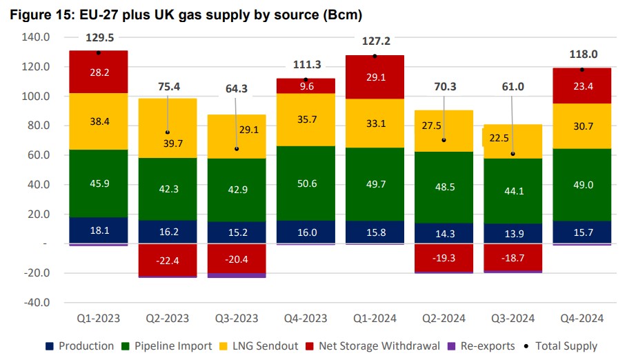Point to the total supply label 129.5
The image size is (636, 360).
[99, 38]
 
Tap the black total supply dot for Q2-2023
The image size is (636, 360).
[167, 132]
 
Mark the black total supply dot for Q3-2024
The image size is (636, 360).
[512, 154]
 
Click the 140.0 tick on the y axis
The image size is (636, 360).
[36, 37]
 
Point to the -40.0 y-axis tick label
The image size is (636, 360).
[36, 303]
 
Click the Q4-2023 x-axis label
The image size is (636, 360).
[305, 318]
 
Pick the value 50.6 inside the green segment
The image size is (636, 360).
[305, 184]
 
